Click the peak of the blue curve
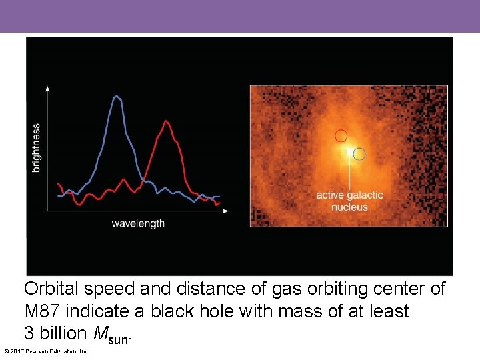(x=117, y=96)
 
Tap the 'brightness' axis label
(x=36, y=147)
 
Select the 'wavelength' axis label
(x=138, y=223)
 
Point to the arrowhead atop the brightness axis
(x=47, y=88)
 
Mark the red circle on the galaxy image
(x=341, y=135)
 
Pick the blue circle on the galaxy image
(x=359, y=154)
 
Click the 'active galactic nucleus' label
(x=349, y=201)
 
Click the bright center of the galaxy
(x=347, y=152)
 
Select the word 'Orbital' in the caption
(x=51, y=289)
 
